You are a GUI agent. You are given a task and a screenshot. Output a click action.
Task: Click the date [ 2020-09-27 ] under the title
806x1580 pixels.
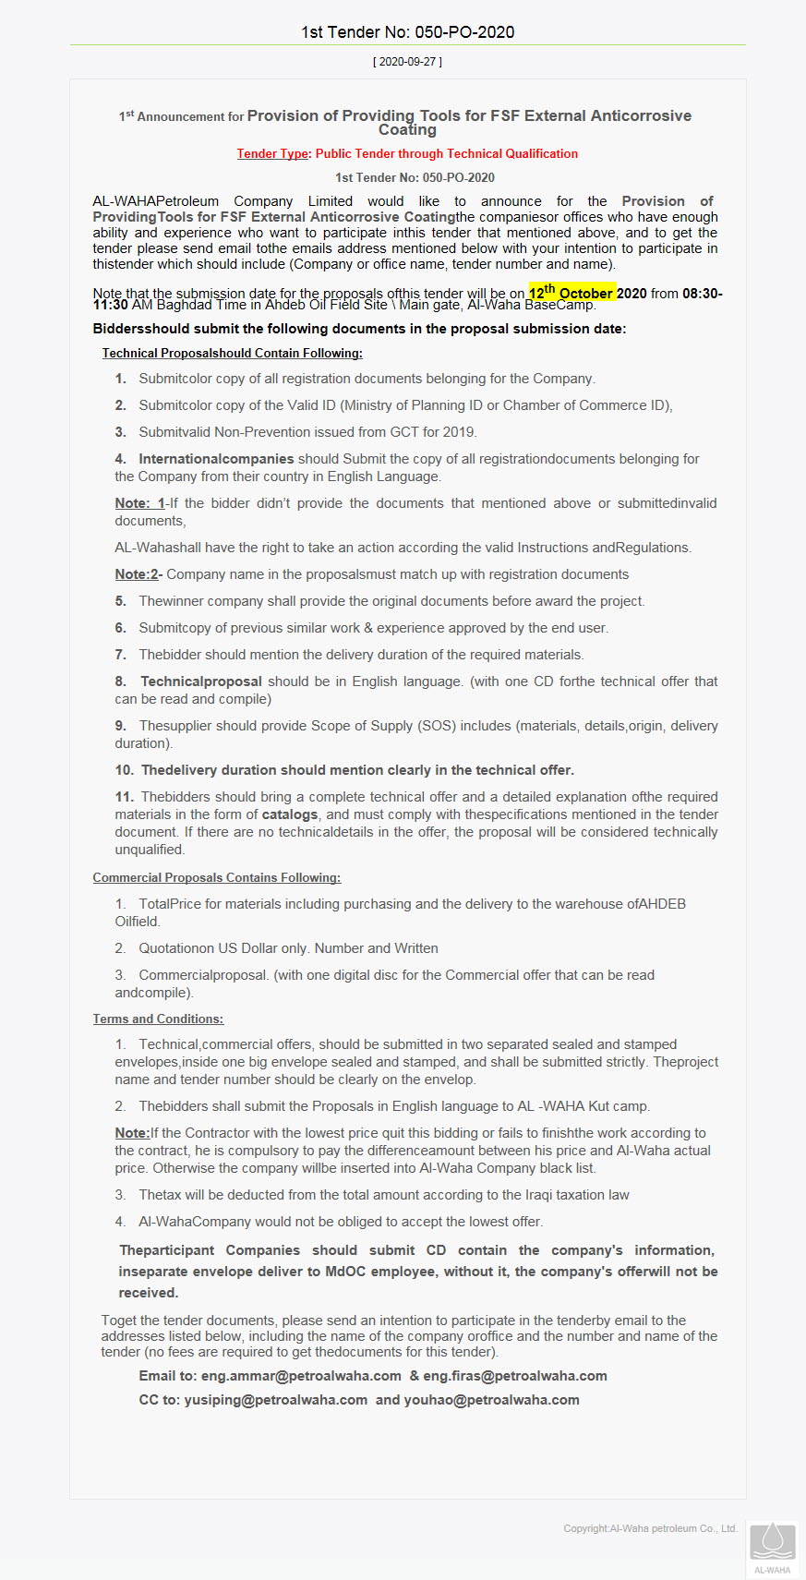click(407, 62)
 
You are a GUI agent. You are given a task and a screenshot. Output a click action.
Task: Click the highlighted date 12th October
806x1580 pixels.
click(571, 292)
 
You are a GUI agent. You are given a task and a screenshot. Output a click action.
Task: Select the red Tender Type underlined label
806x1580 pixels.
click(272, 153)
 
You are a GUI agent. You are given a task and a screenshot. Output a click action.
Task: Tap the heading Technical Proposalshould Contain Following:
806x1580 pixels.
click(232, 353)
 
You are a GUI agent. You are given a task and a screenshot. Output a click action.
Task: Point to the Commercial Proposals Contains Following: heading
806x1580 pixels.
click(216, 877)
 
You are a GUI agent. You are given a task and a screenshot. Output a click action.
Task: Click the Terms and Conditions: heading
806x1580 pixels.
click(158, 1019)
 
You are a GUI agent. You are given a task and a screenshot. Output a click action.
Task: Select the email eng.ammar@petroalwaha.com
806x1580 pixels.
click(301, 1376)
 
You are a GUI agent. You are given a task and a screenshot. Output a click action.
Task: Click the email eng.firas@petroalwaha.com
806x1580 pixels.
click(515, 1376)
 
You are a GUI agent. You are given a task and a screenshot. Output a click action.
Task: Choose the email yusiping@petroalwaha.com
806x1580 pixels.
click(275, 1400)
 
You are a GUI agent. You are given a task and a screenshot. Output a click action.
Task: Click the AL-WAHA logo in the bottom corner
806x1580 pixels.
click(772, 1547)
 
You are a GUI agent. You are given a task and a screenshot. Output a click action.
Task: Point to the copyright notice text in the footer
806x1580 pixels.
click(650, 1528)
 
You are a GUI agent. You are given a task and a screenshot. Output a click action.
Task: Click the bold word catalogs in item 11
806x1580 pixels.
click(290, 814)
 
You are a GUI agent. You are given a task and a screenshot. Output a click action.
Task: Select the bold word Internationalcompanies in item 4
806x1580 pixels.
click(216, 459)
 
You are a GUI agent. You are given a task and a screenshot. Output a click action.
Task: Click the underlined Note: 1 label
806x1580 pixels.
click(139, 503)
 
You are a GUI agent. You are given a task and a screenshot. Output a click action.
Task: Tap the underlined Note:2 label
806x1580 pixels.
click(138, 574)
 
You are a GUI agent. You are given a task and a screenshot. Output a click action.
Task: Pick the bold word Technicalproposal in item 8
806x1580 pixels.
click(201, 681)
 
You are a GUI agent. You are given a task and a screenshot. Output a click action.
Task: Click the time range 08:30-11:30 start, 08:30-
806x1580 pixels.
click(702, 294)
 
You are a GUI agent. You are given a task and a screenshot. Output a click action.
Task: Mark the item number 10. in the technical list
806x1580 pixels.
click(125, 770)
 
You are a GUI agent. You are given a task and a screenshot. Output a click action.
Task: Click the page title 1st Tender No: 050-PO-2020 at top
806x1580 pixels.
click(407, 31)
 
